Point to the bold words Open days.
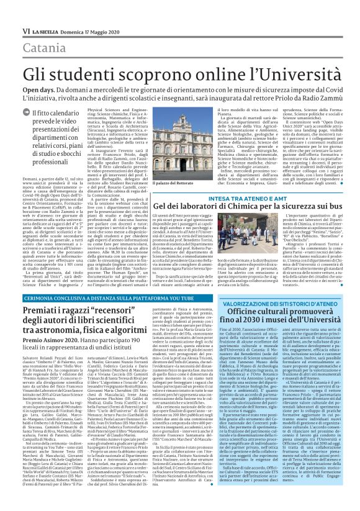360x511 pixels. pyautogui.click(x=40, y=90)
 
